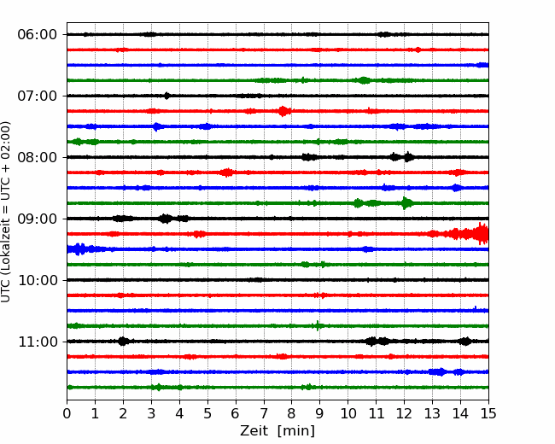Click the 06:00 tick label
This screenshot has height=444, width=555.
click(x=38, y=35)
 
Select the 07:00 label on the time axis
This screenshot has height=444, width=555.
click(x=38, y=96)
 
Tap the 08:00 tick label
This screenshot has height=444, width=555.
click(x=38, y=157)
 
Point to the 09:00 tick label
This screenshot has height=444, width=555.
click(x=38, y=219)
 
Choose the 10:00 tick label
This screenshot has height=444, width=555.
click(x=38, y=280)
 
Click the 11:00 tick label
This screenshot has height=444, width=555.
click(x=38, y=342)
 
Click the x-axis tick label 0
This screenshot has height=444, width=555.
click(x=67, y=413)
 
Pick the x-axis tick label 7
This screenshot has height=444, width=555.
click(x=264, y=413)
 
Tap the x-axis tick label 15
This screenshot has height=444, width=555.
click(x=488, y=413)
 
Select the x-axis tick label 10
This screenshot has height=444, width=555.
click(x=348, y=413)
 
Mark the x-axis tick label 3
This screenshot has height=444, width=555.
click(x=151, y=413)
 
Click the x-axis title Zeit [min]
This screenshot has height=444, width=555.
click(x=277, y=431)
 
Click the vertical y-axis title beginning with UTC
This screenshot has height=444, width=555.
click(x=6, y=212)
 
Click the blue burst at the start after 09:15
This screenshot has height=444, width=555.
click(x=79, y=249)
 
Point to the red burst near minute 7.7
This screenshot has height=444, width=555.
click(x=283, y=111)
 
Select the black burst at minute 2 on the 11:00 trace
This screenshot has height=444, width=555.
click(x=123, y=342)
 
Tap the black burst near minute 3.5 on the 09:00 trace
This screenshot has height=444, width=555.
click(x=166, y=219)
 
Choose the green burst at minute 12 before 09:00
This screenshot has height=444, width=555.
click(x=406, y=203)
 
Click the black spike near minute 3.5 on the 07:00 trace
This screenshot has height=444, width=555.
click(x=167, y=96)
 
